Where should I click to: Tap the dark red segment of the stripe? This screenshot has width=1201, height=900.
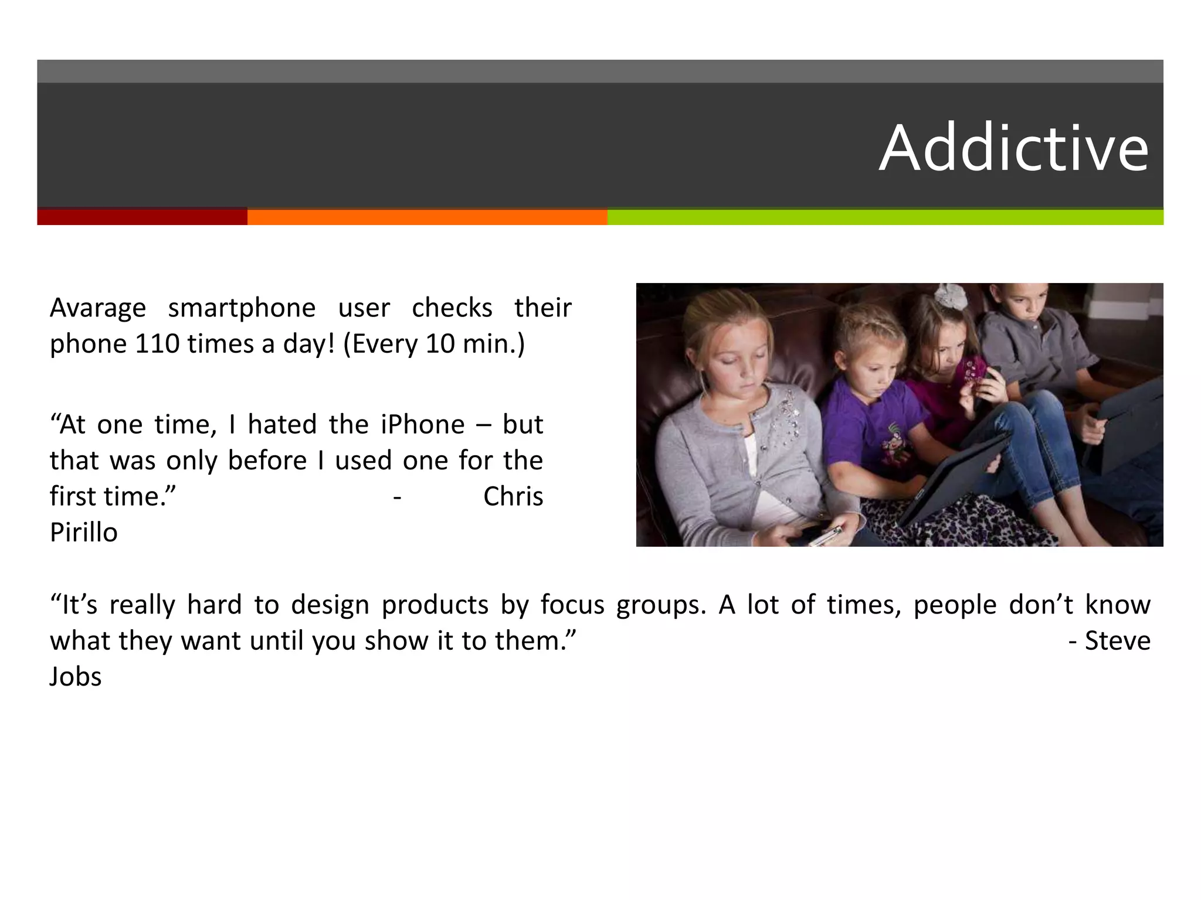142,217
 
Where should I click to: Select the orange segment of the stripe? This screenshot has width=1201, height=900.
427,217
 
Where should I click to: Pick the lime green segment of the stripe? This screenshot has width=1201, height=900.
885,217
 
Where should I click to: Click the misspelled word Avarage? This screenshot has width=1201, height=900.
98,308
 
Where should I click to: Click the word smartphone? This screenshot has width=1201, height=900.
242,308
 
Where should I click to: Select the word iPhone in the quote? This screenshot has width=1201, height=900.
422,425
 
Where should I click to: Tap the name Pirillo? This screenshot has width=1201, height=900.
84,533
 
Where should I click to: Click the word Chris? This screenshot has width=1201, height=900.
513,497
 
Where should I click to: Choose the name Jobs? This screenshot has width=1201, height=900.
76,677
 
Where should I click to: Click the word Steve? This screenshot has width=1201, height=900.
1117,641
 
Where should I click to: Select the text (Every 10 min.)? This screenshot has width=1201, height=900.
434,344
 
